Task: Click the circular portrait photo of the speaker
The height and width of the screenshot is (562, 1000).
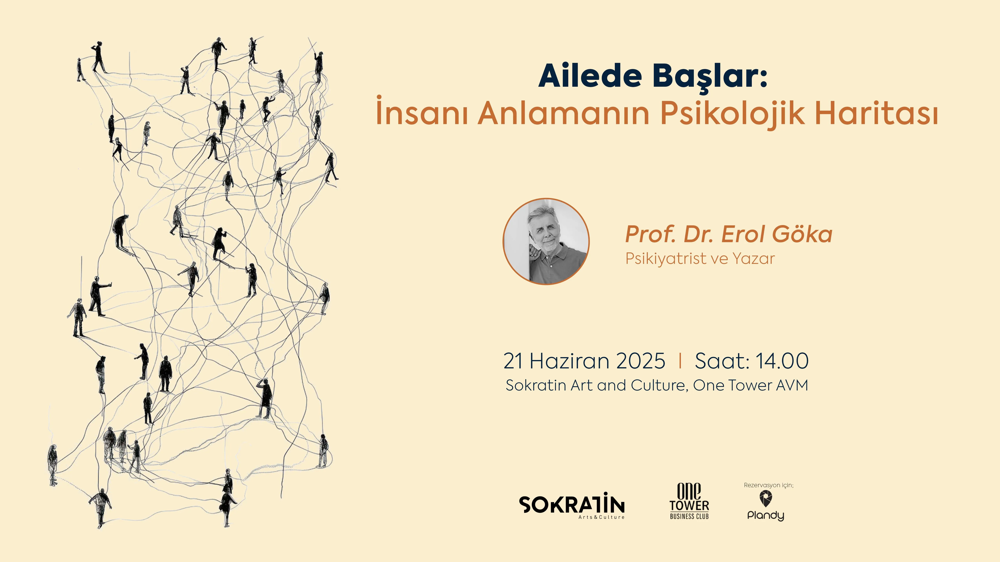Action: tap(546, 242)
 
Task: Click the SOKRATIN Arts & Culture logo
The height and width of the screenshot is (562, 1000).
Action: tap(571, 506)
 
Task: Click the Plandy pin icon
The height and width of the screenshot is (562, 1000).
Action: tap(766, 498)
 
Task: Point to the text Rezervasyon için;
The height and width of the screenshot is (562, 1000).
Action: tap(768, 485)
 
